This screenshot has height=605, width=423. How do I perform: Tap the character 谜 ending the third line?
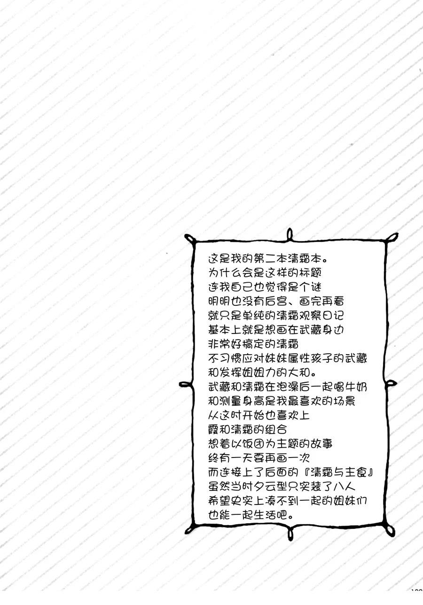pos(316,287)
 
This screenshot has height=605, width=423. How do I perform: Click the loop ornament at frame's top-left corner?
pos(189,239)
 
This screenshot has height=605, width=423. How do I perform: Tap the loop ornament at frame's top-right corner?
pos(392,237)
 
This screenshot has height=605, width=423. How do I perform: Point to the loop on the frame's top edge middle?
pos(290,234)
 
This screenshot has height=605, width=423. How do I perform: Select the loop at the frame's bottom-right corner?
pos(390,530)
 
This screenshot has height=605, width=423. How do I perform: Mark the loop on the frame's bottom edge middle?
pos(290,533)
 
